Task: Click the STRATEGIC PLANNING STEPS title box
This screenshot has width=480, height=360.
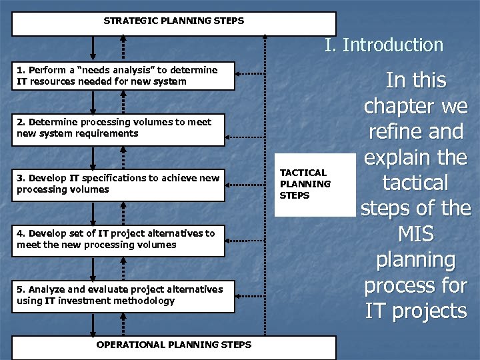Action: coord(174,21)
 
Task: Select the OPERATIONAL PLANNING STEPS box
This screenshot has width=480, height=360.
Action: coord(174,345)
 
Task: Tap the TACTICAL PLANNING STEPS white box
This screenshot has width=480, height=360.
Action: coord(315,184)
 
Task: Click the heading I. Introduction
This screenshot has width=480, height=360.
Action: coord(383,45)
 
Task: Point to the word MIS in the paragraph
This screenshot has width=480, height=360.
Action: coord(415,234)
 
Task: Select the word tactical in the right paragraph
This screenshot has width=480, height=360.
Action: coord(415,183)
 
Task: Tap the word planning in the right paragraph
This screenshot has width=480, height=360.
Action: coord(415,260)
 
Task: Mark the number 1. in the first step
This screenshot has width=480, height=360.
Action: coord(21,70)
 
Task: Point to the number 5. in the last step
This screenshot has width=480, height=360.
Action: coord(21,289)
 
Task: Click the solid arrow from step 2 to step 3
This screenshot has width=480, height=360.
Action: coord(93,157)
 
